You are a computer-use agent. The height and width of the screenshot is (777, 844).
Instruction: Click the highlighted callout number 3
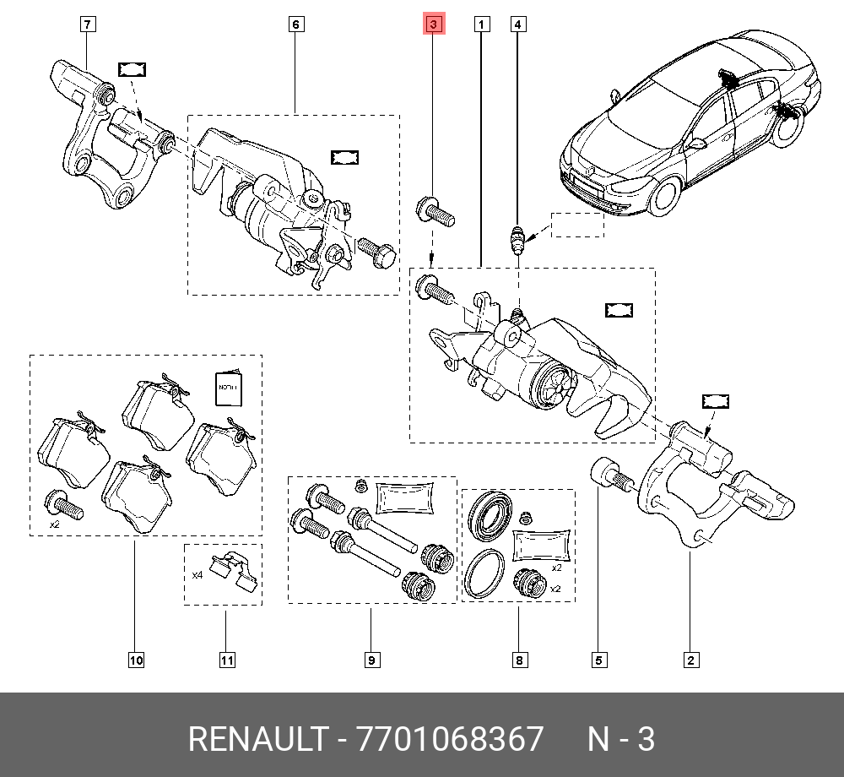[x=434, y=24]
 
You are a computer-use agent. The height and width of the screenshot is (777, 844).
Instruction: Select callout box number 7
[x=88, y=24]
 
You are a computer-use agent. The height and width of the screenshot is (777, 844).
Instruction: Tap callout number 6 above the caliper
[x=295, y=24]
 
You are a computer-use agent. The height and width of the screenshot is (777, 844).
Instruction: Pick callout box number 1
[x=482, y=24]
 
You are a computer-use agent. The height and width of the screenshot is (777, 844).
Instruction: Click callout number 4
[x=518, y=24]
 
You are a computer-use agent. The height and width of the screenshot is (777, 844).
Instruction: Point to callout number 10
[x=136, y=660]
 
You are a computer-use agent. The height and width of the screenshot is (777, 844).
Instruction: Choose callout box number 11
[x=227, y=660]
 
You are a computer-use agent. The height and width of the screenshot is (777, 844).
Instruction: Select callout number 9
[x=372, y=660]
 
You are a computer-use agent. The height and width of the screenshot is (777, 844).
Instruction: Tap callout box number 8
[x=519, y=660]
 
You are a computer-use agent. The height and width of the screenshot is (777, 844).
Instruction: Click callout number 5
[x=599, y=660]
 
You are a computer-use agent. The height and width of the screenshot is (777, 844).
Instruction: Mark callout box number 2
[x=691, y=660]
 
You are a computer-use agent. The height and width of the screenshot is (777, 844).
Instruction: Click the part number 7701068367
[x=450, y=738]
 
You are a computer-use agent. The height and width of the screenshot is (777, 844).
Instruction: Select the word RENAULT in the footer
[x=257, y=738]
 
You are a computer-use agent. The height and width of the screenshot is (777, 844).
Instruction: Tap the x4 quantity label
[x=197, y=575]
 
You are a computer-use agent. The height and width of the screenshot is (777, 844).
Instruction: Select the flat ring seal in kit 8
[x=484, y=573]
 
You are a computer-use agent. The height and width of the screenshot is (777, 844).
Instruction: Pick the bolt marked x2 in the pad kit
[x=64, y=504]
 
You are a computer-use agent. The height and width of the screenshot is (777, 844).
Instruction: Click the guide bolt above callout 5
[x=613, y=474]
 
